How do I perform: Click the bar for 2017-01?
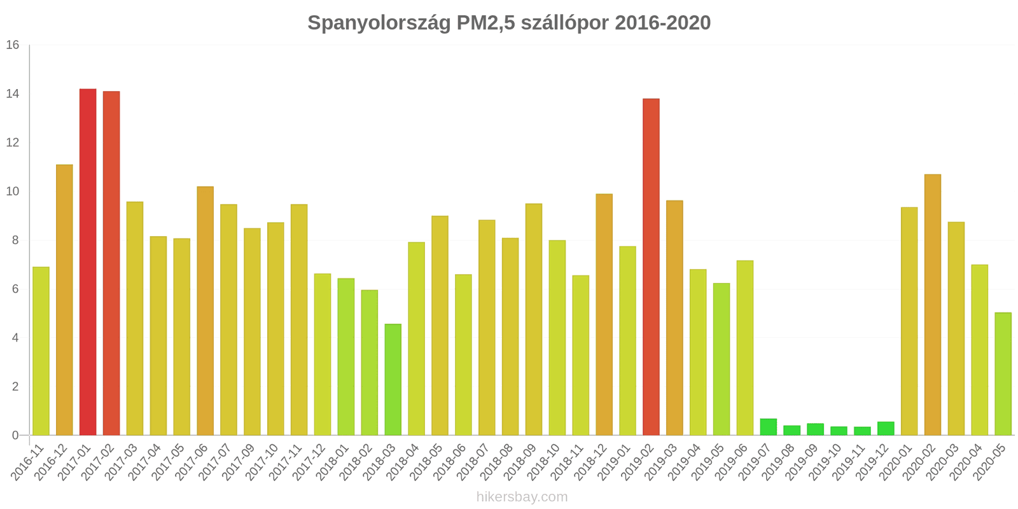click(x=88, y=262)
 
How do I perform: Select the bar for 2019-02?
click(x=651, y=267)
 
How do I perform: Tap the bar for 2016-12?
click(x=64, y=300)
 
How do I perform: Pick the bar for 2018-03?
click(x=393, y=380)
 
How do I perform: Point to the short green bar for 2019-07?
click(x=769, y=427)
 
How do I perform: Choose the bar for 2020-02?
click(x=933, y=305)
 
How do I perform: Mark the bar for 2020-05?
click(x=1003, y=374)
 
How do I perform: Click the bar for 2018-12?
click(x=604, y=314)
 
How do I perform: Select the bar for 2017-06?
click(x=206, y=310)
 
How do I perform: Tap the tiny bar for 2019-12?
click(x=886, y=429)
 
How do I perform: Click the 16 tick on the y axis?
click(x=13, y=45)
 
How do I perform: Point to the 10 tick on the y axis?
click(x=13, y=192)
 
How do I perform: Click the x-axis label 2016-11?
click(x=28, y=463)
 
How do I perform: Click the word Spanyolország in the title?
click(x=379, y=23)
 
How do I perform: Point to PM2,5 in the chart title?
click(x=486, y=23)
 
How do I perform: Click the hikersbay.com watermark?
click(x=522, y=497)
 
